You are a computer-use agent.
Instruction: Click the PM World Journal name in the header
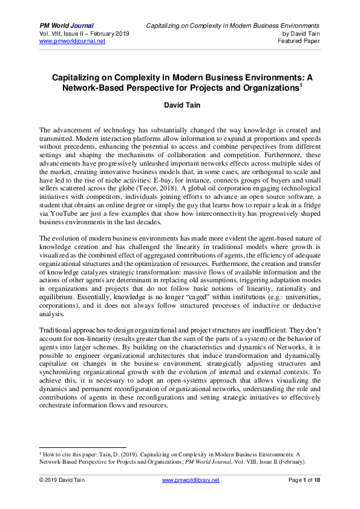67,25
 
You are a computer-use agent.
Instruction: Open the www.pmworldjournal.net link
72,41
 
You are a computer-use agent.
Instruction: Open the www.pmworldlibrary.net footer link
191,480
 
